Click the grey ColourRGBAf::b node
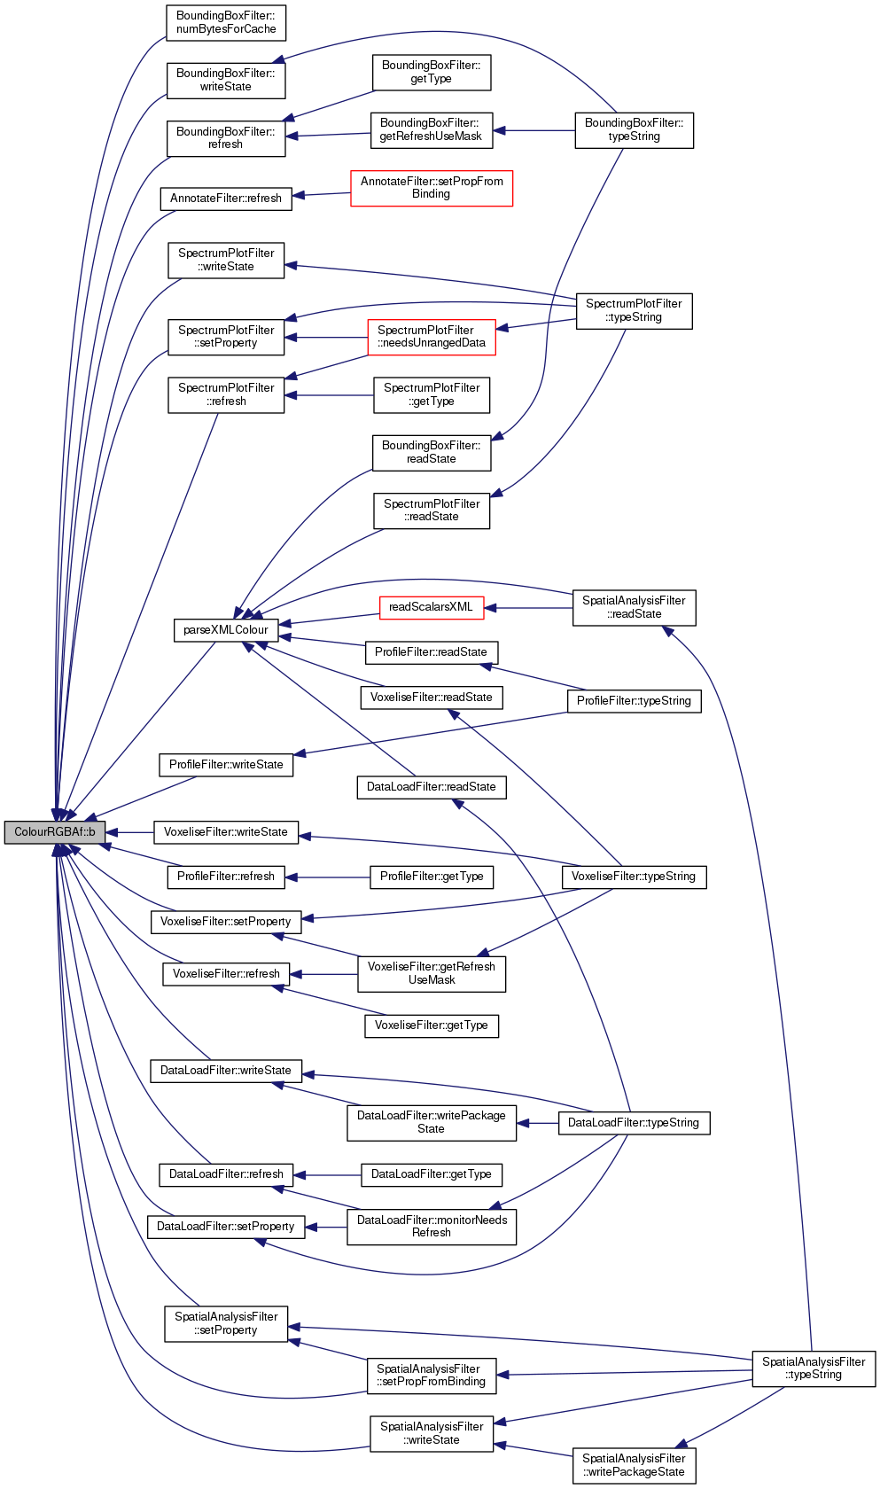coord(54,832)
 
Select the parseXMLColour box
coord(225,630)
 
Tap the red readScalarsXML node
coord(431,607)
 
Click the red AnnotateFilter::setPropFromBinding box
coord(431,188)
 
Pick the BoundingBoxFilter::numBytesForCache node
coord(226,23)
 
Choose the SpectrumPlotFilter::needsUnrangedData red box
coord(432,337)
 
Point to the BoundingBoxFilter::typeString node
coord(634,130)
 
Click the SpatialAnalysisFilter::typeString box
coord(813,1368)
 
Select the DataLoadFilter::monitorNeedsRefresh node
coord(431,1227)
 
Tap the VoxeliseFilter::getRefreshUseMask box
coord(431,973)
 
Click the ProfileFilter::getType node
coord(431,877)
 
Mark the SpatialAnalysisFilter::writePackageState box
coord(633,1465)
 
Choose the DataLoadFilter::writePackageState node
coord(431,1122)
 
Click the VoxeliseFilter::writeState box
coord(225,832)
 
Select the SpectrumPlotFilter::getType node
coord(431,395)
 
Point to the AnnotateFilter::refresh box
coord(225,199)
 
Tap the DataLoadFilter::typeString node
coord(633,1123)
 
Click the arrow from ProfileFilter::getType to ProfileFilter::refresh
coord(327,877)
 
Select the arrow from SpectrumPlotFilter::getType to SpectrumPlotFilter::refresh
coord(329,395)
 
